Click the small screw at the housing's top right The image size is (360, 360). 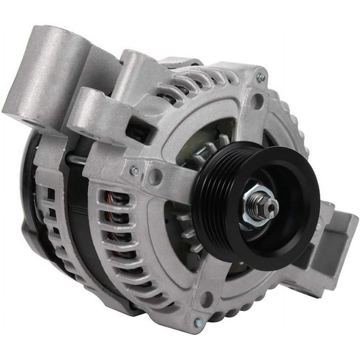pyautogui.click(x=260, y=77)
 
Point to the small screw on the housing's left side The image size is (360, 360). pyautogui.click(x=134, y=170)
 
